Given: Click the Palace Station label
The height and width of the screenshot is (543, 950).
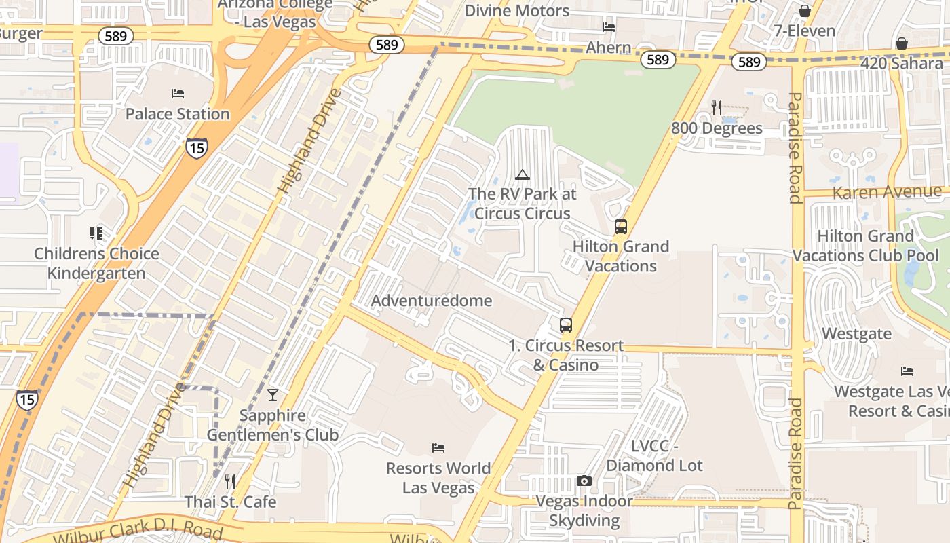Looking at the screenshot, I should [x=178, y=114].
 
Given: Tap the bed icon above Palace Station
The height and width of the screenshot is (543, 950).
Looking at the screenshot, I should [x=178, y=94].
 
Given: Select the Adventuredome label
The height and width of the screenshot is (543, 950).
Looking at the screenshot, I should [x=432, y=301].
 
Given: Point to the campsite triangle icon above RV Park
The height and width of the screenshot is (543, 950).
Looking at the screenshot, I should [x=522, y=175].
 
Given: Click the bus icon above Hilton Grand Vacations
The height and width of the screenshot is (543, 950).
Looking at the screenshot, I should [x=621, y=227].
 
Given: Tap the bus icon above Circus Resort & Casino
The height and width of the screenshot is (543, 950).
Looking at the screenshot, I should [x=566, y=325].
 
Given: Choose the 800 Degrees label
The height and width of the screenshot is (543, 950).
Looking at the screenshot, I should [x=717, y=128].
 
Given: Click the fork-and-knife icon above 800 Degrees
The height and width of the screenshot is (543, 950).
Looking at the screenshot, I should [x=717, y=107].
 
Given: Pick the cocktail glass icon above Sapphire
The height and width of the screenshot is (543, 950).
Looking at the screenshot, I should [x=273, y=395].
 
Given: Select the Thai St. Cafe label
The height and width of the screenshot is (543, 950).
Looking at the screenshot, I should [x=231, y=502].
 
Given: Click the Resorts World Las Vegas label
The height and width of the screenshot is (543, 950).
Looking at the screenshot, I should [x=438, y=478].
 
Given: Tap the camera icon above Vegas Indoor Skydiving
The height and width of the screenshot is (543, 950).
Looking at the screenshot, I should [x=584, y=481].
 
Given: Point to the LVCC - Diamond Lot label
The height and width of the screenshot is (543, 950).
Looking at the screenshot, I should [x=654, y=456].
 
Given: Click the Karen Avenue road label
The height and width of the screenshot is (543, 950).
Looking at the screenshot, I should [x=886, y=193].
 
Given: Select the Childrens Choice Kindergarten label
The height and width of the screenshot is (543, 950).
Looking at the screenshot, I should [x=96, y=263].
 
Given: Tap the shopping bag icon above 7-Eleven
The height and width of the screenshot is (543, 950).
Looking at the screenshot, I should [x=805, y=11].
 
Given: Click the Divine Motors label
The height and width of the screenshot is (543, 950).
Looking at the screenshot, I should [x=517, y=11].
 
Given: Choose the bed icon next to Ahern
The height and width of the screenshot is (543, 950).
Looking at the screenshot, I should [x=609, y=28].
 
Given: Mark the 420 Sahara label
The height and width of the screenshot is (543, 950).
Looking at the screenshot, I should [x=903, y=63].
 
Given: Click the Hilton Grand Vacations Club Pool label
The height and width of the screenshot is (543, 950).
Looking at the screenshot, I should [x=866, y=246].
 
